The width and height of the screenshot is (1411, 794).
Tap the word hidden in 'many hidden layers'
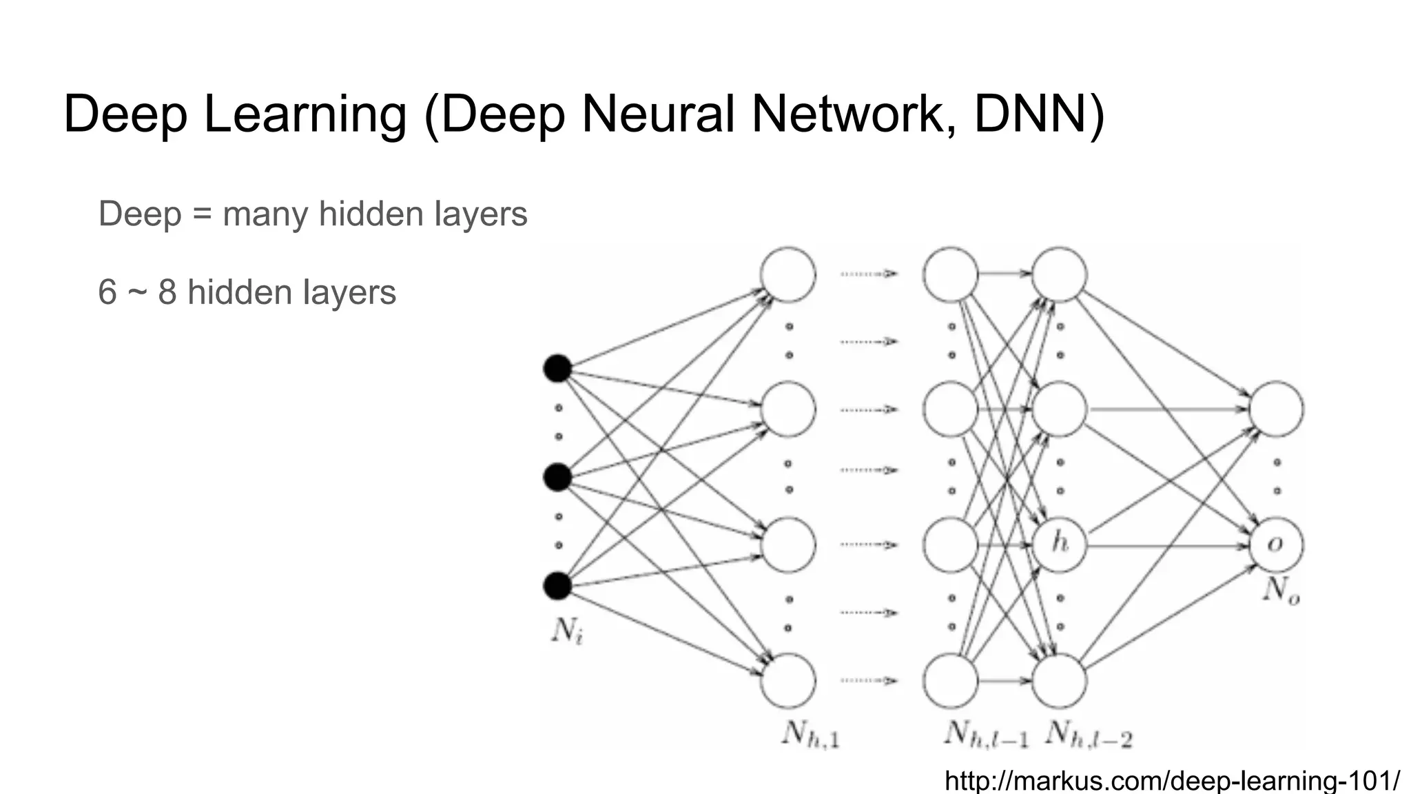(371, 214)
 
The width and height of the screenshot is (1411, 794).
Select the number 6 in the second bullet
(107, 292)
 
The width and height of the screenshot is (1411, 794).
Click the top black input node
(557, 368)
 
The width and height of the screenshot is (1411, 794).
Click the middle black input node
(557, 477)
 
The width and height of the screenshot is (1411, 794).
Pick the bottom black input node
(557, 586)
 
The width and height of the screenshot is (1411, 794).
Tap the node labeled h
(1060, 544)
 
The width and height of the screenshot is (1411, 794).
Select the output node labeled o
(1276, 544)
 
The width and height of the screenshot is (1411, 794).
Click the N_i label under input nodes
(567, 630)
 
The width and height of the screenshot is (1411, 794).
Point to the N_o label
(1280, 591)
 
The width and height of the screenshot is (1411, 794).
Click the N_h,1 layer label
(810, 735)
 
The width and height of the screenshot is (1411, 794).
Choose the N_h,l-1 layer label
(985, 735)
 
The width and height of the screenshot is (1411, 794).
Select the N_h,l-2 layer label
(1089, 735)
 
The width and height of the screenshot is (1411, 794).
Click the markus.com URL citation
(1171, 781)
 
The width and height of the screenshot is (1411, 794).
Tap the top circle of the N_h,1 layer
(788, 274)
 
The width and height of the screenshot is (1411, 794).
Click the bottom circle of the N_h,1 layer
(788, 680)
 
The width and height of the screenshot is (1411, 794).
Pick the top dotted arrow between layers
(868, 274)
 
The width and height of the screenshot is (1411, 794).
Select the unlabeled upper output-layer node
(1276, 409)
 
